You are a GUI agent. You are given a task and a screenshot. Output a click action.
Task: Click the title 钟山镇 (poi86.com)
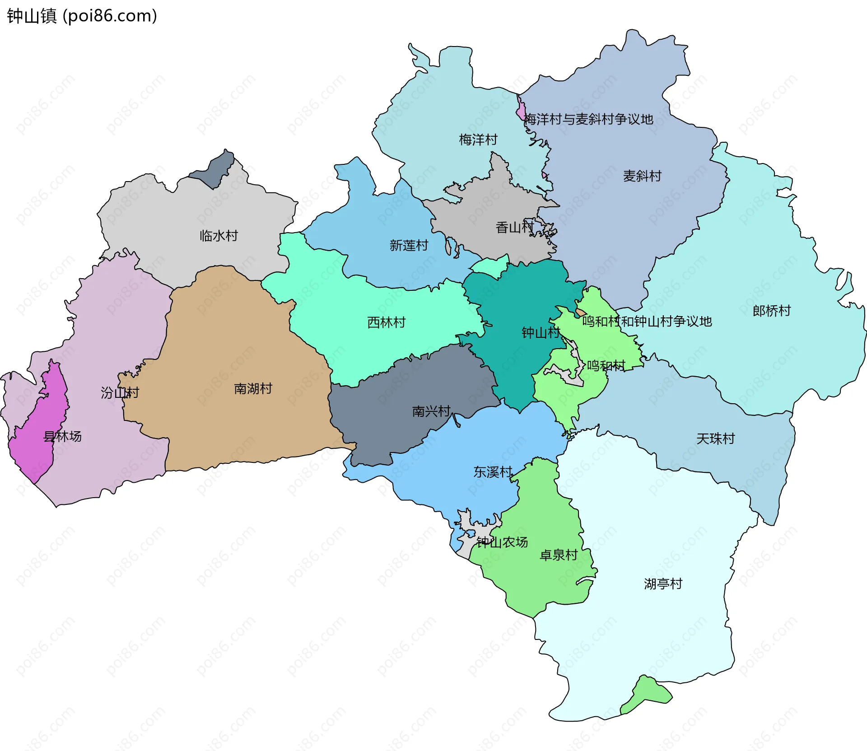tap(82, 16)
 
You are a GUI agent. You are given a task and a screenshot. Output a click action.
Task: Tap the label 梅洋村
tap(478, 140)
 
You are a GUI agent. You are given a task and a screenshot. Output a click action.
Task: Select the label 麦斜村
tap(642, 176)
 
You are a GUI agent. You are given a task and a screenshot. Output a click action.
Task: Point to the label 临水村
tap(219, 236)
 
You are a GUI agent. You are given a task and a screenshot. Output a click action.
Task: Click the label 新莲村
tap(409, 246)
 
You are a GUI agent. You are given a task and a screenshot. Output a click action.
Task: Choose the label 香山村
tap(514, 227)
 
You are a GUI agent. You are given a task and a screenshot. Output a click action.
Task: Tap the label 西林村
tap(386, 322)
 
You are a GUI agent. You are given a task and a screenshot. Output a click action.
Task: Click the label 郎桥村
tap(771, 311)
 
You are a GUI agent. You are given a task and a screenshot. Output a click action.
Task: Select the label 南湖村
tap(253, 389)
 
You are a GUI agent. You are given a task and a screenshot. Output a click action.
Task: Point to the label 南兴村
tap(431, 411)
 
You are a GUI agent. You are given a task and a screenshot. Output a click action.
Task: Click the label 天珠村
tap(715, 438)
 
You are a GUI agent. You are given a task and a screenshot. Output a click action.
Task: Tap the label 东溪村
tap(492, 472)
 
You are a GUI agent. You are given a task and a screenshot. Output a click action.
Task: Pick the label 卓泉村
tap(559, 555)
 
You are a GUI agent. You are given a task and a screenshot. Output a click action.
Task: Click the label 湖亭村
tap(662, 584)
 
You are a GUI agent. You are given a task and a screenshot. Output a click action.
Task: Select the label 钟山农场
tap(502, 542)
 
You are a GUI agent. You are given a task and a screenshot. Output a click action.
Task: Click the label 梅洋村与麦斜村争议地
tap(588, 119)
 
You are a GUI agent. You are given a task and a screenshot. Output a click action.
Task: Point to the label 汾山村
tap(120, 393)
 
